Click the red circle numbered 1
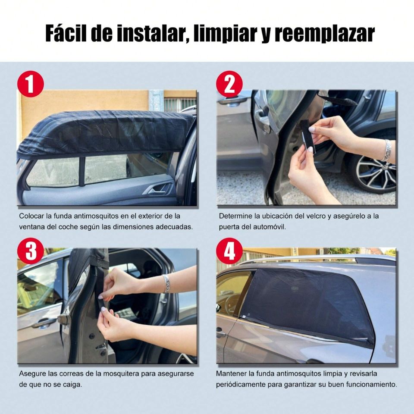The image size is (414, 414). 31,84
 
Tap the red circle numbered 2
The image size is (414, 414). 229,84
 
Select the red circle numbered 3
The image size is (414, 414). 31,251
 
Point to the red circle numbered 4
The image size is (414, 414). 229,251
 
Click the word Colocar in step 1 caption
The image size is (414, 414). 31,216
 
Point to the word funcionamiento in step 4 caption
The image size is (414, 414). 371,384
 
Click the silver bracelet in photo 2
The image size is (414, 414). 387,150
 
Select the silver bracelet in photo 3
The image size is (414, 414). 166,284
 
